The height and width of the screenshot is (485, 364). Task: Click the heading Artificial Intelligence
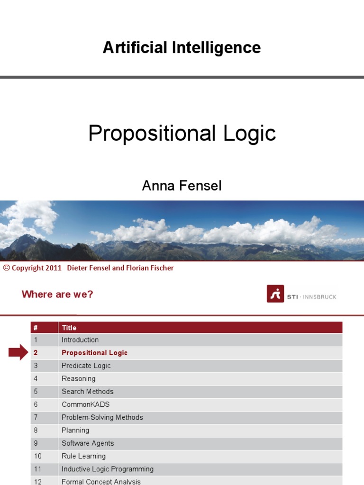[182, 48]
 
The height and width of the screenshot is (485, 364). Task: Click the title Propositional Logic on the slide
[182, 134]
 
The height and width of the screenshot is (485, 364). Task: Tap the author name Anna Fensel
[182, 186]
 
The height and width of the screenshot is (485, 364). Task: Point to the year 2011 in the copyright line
[54, 268]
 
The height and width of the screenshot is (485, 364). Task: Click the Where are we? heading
[57, 294]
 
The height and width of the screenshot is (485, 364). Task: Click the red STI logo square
[275, 294]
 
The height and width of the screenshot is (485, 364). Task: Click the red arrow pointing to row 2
[18, 352]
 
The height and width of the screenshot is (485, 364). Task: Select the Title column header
[69, 328]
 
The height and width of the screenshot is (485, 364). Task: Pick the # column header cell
[36, 328]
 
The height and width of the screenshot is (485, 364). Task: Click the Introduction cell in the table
[80, 340]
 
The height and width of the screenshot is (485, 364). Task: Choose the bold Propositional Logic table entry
[94, 353]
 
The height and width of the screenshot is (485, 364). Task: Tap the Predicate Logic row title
[86, 366]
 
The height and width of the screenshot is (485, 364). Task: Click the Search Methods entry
[87, 392]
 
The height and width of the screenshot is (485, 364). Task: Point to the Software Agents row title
[88, 443]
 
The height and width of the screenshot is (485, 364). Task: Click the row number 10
[37, 456]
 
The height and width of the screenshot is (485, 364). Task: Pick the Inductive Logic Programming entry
[107, 469]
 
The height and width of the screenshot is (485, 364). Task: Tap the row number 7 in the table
[36, 417]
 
